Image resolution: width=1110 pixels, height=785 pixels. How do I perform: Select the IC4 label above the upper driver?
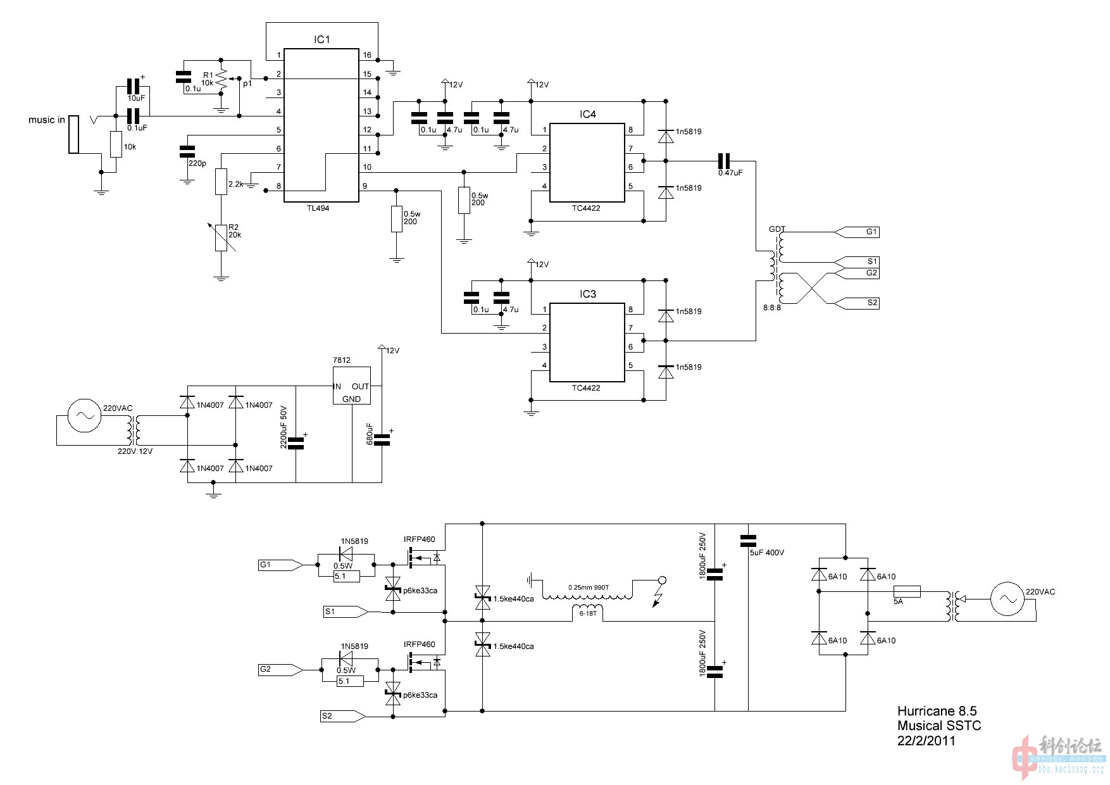[587, 115]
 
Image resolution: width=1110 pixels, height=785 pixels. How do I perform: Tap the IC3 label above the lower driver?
[587, 294]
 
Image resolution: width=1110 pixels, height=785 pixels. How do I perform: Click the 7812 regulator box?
[351, 386]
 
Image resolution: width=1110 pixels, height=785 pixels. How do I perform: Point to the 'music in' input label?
[46, 120]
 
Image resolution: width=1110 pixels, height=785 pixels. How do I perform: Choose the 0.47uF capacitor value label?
[730, 173]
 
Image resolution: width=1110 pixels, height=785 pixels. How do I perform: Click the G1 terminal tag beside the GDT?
[871, 232]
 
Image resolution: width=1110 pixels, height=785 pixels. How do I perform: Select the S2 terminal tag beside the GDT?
[872, 303]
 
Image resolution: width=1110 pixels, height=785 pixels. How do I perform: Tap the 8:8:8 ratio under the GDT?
[772, 308]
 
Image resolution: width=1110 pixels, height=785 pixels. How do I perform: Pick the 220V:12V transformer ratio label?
[135, 451]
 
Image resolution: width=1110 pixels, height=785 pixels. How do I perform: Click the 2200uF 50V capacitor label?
[284, 427]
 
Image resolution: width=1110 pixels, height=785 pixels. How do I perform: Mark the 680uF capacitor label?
[370, 434]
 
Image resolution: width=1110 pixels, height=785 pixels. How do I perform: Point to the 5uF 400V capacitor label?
[766, 553]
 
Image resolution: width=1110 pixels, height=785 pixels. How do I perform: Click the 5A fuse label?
[898, 601]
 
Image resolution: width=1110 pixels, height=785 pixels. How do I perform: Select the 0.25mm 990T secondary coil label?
[589, 587]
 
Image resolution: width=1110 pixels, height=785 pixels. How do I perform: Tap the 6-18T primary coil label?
[588, 613]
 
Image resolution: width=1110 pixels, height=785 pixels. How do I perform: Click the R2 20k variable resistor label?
[234, 231]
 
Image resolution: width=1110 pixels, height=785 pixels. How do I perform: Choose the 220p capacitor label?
[197, 163]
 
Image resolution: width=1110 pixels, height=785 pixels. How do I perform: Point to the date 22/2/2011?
[926, 741]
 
